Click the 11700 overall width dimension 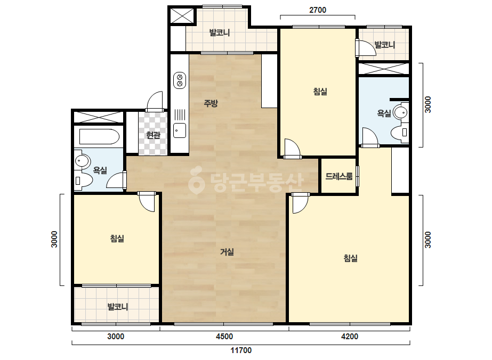(x=241, y=350)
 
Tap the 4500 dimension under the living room (x=224, y=337)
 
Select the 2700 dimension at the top (x=318, y=10)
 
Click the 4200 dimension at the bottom (x=350, y=337)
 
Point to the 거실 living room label (x=227, y=252)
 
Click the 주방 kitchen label (x=211, y=103)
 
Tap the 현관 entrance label (x=153, y=135)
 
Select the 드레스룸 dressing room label (x=339, y=176)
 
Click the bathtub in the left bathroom (x=99, y=137)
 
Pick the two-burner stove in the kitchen (x=180, y=80)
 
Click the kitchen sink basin (x=180, y=130)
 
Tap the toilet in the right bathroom (x=399, y=133)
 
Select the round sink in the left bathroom (x=82, y=161)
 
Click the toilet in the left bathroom (x=83, y=181)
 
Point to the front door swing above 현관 (x=155, y=101)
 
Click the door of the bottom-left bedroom (x=147, y=202)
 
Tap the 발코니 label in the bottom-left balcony (x=118, y=307)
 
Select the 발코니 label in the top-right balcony (x=385, y=45)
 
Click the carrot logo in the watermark (x=196, y=179)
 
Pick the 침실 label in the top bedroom (x=320, y=92)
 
